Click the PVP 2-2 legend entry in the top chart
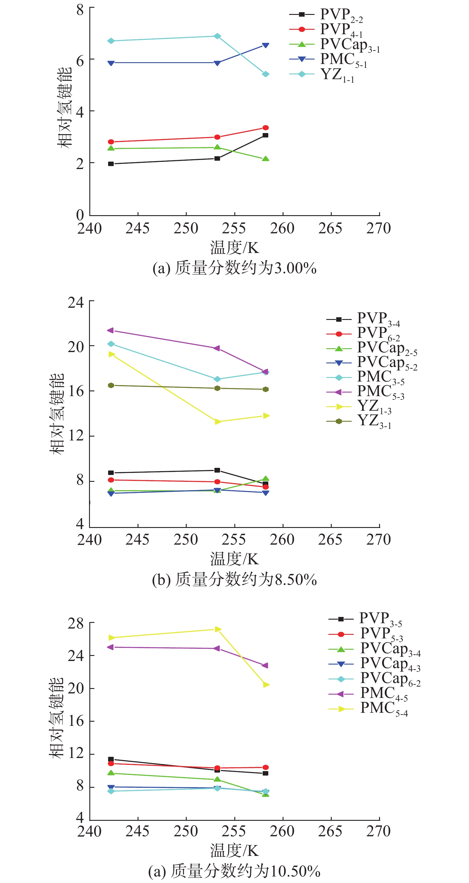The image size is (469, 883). [326, 15]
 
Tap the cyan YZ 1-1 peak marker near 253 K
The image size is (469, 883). [217, 36]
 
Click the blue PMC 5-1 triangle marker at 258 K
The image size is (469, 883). [266, 45]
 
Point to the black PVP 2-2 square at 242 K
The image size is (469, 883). [111, 164]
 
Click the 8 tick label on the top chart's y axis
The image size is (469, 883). [80, 10]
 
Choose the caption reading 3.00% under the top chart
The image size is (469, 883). [234, 268]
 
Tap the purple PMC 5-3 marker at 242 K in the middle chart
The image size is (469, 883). [110, 330]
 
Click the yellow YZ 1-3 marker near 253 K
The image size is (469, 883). [217, 422]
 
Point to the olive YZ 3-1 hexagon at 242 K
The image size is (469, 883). [111, 386]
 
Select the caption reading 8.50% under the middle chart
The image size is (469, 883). [234, 580]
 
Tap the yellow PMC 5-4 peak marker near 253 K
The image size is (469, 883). [217, 629]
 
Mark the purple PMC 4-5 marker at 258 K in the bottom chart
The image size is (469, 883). [265, 665]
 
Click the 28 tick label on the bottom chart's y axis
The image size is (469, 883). [76, 623]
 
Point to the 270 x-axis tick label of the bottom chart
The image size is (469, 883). [378, 831]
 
